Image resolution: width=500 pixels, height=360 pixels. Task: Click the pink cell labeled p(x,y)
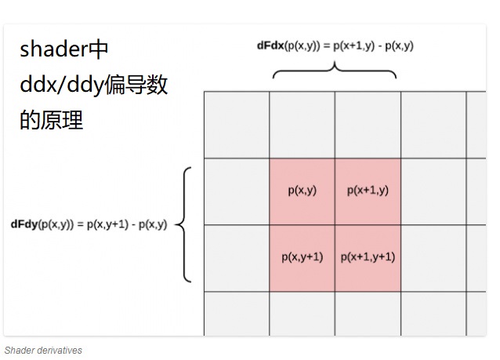pos(302,191)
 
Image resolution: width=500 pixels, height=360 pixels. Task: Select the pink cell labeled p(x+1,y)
pos(368,191)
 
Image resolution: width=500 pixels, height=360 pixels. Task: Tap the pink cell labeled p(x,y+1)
pos(302,257)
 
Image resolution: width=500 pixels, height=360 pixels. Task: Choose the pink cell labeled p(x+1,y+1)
pos(368,257)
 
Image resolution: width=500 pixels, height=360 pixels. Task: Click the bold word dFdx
pos(271,45)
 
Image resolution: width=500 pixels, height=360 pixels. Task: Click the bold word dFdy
pos(25,224)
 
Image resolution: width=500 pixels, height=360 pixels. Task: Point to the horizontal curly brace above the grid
pos(335,70)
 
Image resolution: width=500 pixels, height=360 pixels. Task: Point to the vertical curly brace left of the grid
pos(183,224)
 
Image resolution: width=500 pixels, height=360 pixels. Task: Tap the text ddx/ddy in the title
pos(61,85)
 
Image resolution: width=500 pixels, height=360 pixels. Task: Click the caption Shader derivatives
pos(43,351)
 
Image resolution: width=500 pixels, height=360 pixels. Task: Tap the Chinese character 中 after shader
pos(98,49)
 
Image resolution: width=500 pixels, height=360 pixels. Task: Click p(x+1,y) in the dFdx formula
pos(359,45)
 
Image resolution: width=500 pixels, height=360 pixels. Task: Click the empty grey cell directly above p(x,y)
pos(302,125)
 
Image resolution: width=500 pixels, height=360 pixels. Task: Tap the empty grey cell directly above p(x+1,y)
pos(368,125)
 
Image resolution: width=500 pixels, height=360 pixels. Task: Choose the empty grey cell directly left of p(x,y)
pos(237,191)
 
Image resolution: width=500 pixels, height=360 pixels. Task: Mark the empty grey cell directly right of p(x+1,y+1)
pos(433,257)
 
